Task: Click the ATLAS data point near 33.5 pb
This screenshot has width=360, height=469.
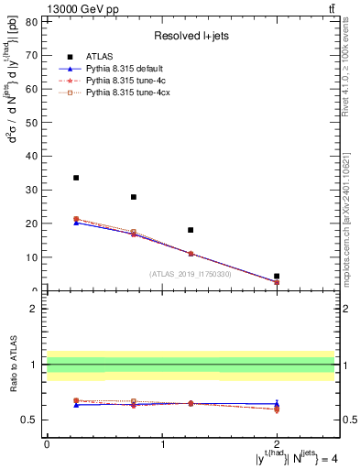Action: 76,178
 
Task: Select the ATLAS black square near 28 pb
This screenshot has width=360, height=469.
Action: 134,197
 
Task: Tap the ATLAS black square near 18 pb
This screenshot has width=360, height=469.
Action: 191,230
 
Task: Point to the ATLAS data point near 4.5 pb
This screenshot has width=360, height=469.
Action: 277,276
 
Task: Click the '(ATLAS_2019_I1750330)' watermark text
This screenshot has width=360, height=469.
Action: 190,274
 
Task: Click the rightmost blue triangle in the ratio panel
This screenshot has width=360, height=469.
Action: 277,403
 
